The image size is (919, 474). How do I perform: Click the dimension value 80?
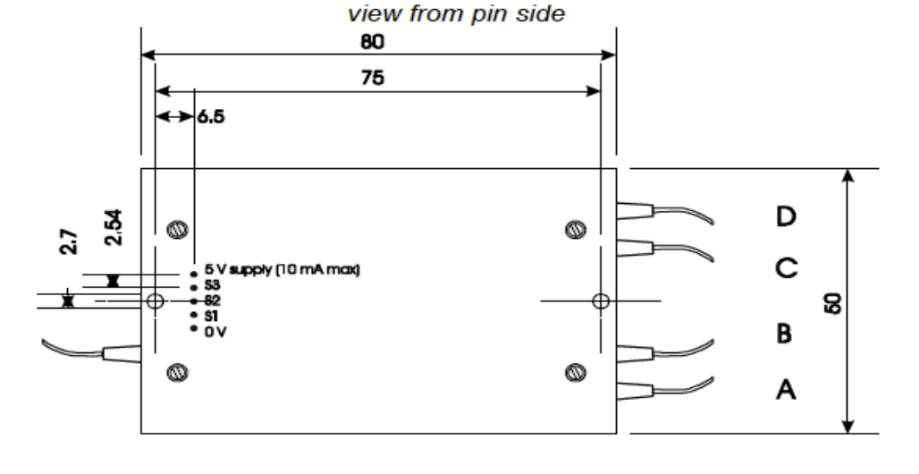(x=376, y=42)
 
